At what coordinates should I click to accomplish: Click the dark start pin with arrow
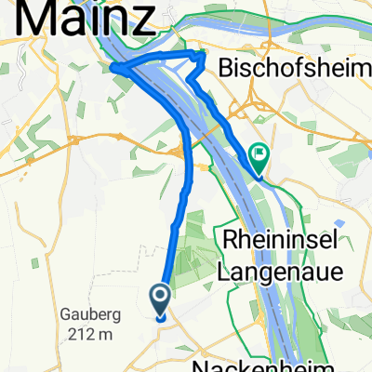160,299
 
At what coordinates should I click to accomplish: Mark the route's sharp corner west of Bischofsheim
202,57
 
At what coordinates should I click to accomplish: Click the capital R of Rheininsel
231,242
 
